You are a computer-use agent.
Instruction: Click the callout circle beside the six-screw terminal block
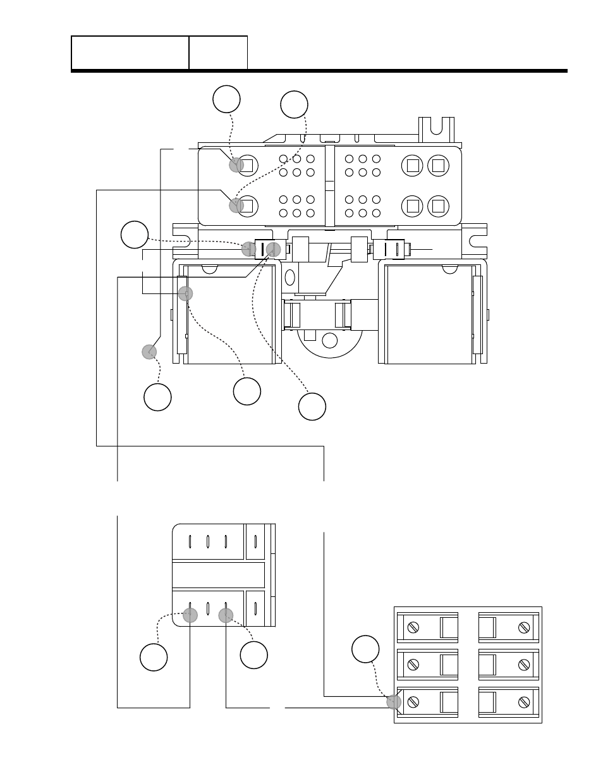tap(365, 649)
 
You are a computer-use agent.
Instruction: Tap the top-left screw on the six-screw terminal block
tap(414, 627)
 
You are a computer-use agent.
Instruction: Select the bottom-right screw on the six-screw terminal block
tap(523, 701)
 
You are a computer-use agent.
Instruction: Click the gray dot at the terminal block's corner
tap(394, 701)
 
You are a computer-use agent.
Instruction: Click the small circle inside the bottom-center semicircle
tap(330, 340)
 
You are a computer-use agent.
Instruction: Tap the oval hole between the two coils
tap(290, 277)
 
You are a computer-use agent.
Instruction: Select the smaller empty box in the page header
tap(218, 52)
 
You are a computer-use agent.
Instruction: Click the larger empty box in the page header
tap(130, 52)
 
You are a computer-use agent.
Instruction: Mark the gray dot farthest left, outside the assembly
tap(149, 352)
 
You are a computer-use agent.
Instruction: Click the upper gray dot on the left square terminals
tap(236, 165)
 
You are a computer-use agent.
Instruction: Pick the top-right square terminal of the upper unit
tap(438, 166)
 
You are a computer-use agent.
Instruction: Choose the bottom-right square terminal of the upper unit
tap(438, 205)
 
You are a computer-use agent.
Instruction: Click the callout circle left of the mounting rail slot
tap(135, 235)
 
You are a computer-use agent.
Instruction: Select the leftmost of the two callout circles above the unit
tap(226, 99)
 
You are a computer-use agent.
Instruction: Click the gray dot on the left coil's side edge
tap(185, 293)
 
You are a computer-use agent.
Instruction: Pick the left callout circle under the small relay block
tap(154, 657)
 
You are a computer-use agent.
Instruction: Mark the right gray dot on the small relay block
tap(226, 615)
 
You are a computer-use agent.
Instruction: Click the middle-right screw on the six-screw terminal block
tap(523, 665)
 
